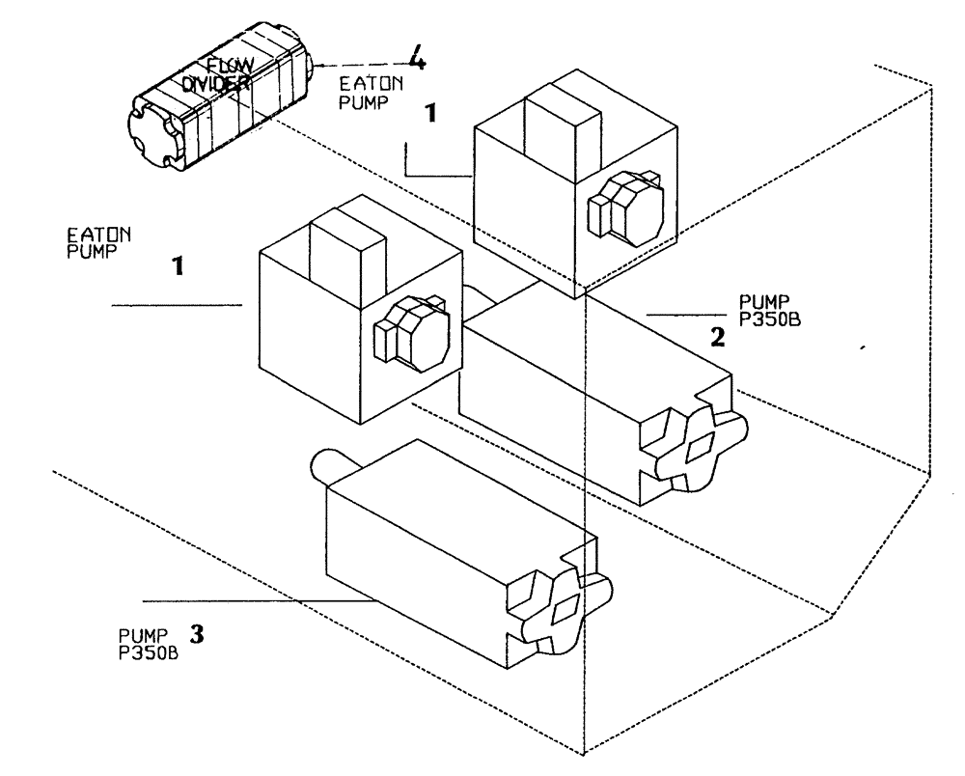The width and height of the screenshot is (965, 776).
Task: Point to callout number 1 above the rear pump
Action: tap(432, 113)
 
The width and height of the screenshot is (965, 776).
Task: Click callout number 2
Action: tap(715, 337)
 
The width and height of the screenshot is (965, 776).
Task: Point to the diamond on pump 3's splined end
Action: tap(563, 606)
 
